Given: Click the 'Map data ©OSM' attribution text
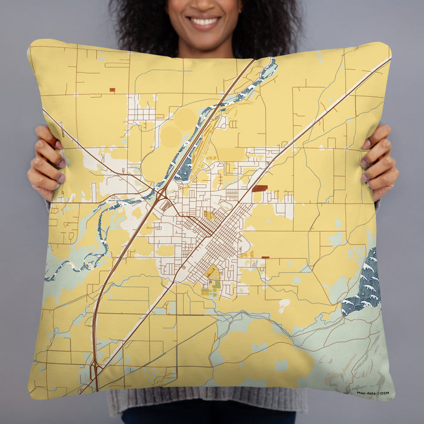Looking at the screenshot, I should tap(373, 393).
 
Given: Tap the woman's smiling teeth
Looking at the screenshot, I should tap(204, 22).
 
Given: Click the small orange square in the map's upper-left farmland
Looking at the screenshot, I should tap(112, 90).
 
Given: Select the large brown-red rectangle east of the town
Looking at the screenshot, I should tap(259, 188).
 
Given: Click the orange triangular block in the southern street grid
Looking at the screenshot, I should tap(213, 274).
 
